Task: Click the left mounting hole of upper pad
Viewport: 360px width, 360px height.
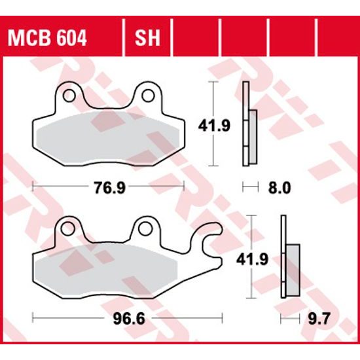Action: [x=67, y=96]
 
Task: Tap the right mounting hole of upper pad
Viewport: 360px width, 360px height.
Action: [x=148, y=96]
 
